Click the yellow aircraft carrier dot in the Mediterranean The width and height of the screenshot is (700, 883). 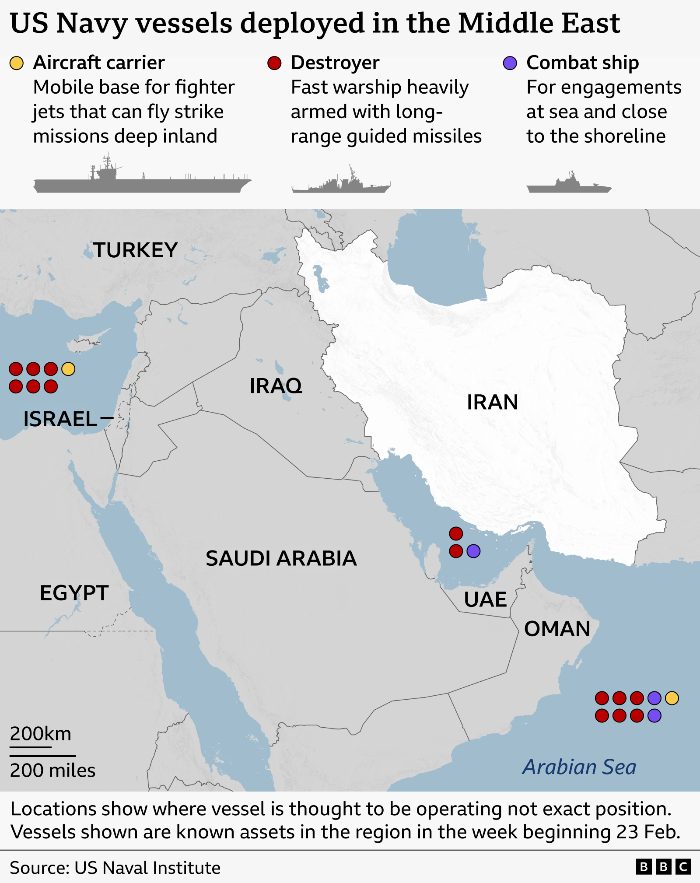(68, 369)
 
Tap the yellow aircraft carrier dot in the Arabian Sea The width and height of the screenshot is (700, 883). (672, 698)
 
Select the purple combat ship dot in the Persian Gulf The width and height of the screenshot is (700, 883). (473, 551)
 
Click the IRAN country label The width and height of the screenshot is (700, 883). (492, 402)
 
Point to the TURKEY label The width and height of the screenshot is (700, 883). (135, 250)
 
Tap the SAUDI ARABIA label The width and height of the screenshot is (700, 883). (281, 558)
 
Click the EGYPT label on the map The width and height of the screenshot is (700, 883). (74, 593)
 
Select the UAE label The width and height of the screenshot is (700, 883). (485, 599)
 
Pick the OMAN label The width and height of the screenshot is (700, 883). (557, 629)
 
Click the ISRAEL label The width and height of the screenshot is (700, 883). (60, 419)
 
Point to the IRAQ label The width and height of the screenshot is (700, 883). (276, 386)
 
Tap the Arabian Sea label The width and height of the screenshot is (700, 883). (579, 767)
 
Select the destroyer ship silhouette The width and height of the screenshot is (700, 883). (341, 183)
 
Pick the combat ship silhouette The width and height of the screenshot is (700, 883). (568, 185)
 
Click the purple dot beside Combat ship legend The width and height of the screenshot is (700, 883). (510, 63)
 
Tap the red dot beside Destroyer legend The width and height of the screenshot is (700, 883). (274, 63)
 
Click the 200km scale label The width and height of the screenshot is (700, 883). (41, 734)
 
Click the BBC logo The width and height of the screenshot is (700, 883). (663, 867)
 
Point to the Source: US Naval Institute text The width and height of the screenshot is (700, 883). (115, 868)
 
